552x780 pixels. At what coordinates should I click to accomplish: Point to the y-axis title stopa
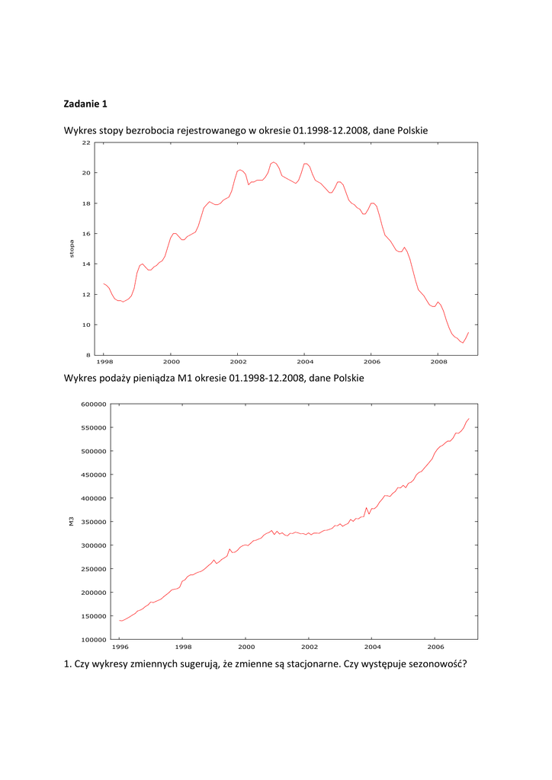(72, 249)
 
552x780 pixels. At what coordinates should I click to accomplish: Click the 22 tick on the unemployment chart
(86, 142)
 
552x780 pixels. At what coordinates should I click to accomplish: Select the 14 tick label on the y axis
(86, 264)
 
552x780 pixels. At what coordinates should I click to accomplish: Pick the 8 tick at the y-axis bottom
(88, 355)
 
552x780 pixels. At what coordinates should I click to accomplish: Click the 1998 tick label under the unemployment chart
(104, 363)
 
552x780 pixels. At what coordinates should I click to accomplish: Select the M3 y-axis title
(70, 522)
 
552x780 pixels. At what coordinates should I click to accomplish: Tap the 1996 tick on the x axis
(120, 647)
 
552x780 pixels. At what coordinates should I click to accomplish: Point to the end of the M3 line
(468, 419)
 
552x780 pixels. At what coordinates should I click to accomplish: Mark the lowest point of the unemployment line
(462, 343)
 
